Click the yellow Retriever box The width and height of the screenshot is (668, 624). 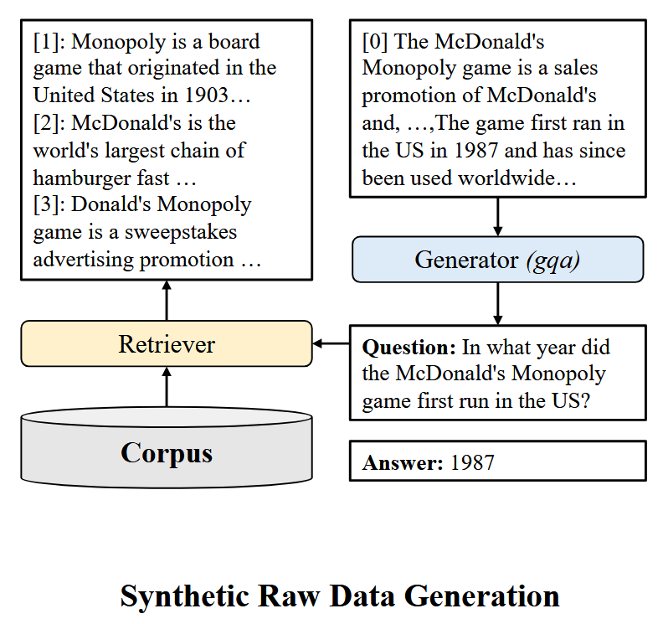(x=167, y=343)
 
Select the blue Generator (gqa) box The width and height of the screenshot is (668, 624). (x=497, y=259)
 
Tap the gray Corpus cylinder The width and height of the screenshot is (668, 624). (x=167, y=447)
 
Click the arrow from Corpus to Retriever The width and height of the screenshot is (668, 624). (x=167, y=387)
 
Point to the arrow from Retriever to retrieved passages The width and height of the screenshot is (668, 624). (x=167, y=300)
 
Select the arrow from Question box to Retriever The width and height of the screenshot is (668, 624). (x=331, y=343)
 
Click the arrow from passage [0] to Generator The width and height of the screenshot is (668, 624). (x=497, y=217)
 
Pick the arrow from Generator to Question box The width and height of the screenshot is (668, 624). (x=497, y=303)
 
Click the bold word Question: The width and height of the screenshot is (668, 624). (x=409, y=348)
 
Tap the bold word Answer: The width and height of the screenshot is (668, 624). (x=403, y=463)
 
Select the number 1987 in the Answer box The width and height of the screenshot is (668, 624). (x=472, y=463)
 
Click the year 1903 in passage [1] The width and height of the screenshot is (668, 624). (x=206, y=95)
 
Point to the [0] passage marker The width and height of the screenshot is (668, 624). (x=375, y=42)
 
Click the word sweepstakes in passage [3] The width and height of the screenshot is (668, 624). (x=181, y=233)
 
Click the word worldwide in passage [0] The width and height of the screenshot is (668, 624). (x=507, y=178)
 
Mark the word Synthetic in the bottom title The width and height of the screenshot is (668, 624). (x=185, y=596)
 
